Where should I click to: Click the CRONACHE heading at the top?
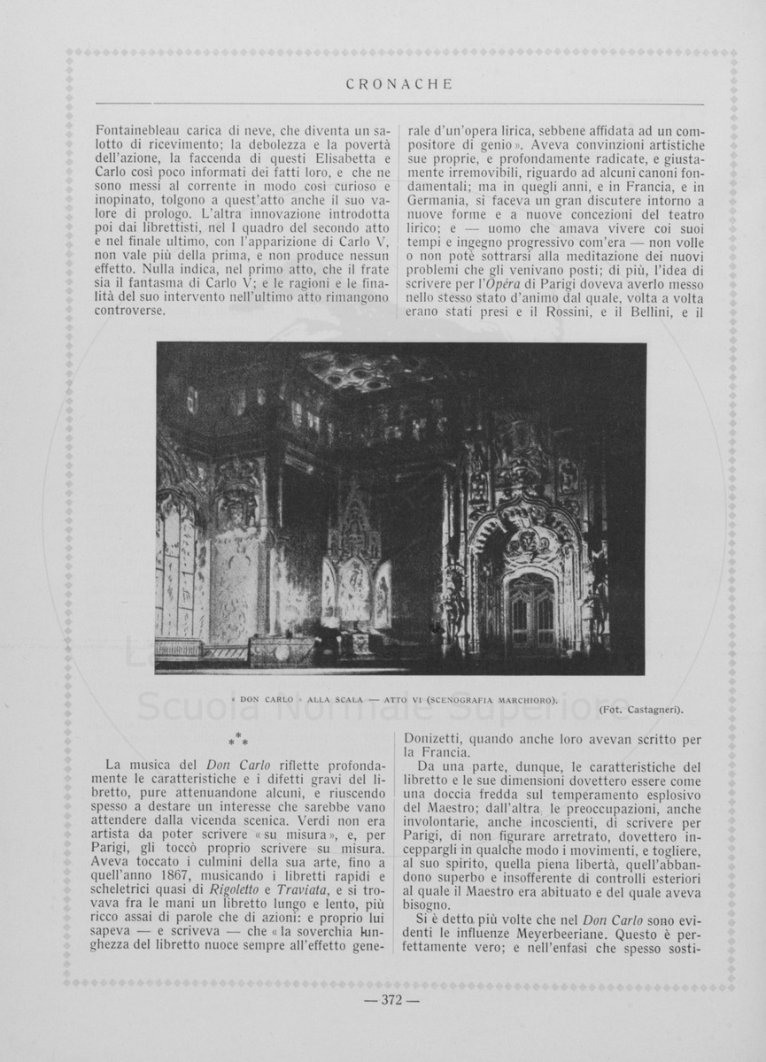coord(398,85)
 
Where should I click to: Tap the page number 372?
coord(391,1000)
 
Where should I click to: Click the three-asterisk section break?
coord(238,737)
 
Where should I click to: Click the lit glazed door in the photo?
coord(530,612)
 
